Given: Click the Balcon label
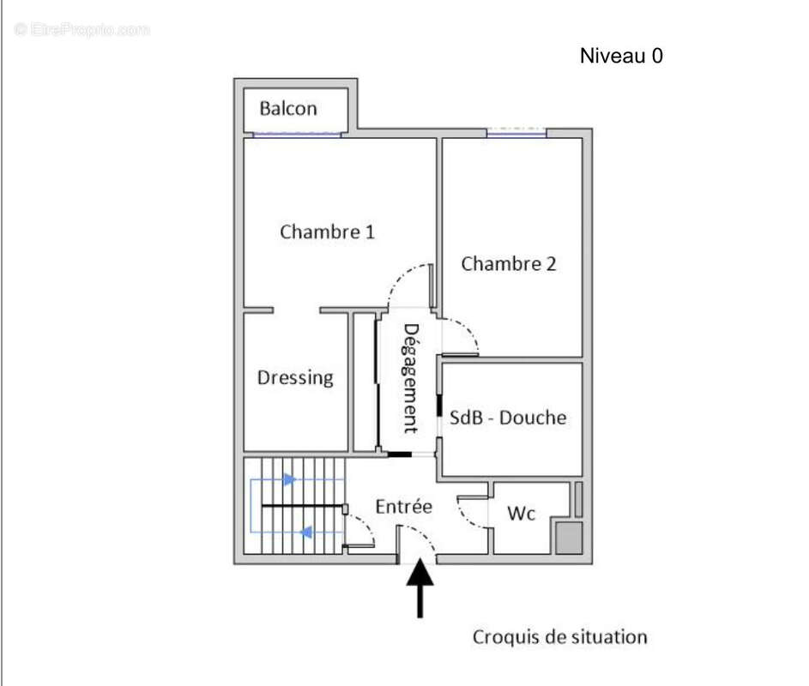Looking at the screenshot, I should [288, 109].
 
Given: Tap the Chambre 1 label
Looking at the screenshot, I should [327, 232].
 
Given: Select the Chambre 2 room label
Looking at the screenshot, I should [508, 263].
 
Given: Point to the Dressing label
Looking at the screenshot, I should [295, 377].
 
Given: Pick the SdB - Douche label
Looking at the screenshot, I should [509, 418].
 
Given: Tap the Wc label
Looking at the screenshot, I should [521, 513].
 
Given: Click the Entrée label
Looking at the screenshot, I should [403, 507].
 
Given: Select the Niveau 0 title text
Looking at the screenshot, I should [621, 57].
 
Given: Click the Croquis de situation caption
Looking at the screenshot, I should [559, 637].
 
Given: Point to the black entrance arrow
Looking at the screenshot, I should [420, 587].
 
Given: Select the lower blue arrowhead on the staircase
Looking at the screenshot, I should [305, 533].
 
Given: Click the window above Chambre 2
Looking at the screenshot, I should [516, 132].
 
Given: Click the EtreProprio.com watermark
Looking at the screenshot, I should [82, 30].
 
